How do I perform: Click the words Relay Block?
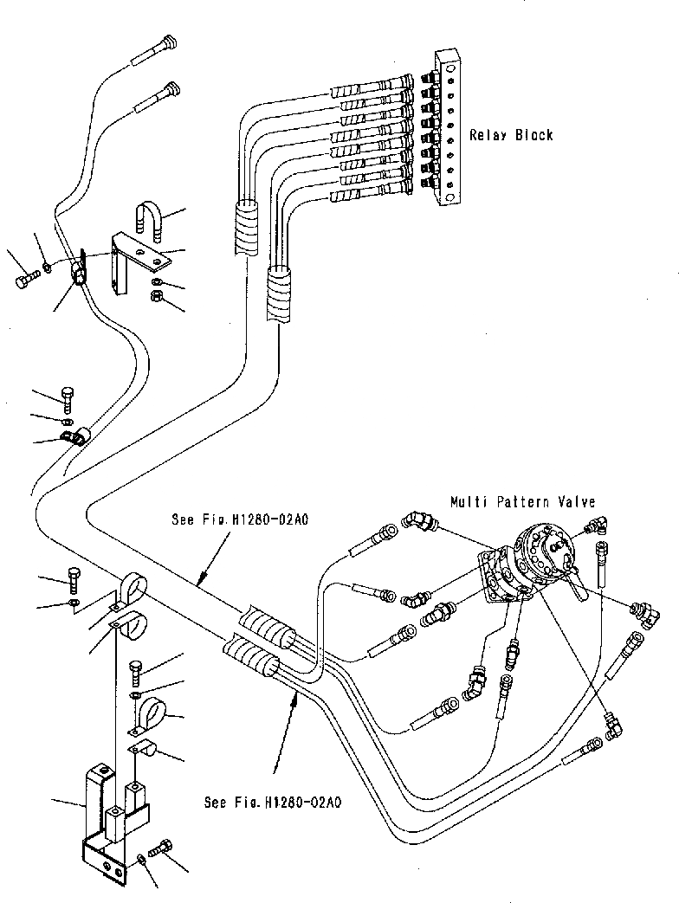(x=511, y=135)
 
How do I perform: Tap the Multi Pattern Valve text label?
(x=522, y=502)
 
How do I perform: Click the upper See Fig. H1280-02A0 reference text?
(x=240, y=519)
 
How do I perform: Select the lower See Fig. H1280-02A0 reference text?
(x=273, y=803)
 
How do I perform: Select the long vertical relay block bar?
(x=448, y=126)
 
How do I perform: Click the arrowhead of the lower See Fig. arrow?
(x=294, y=700)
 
